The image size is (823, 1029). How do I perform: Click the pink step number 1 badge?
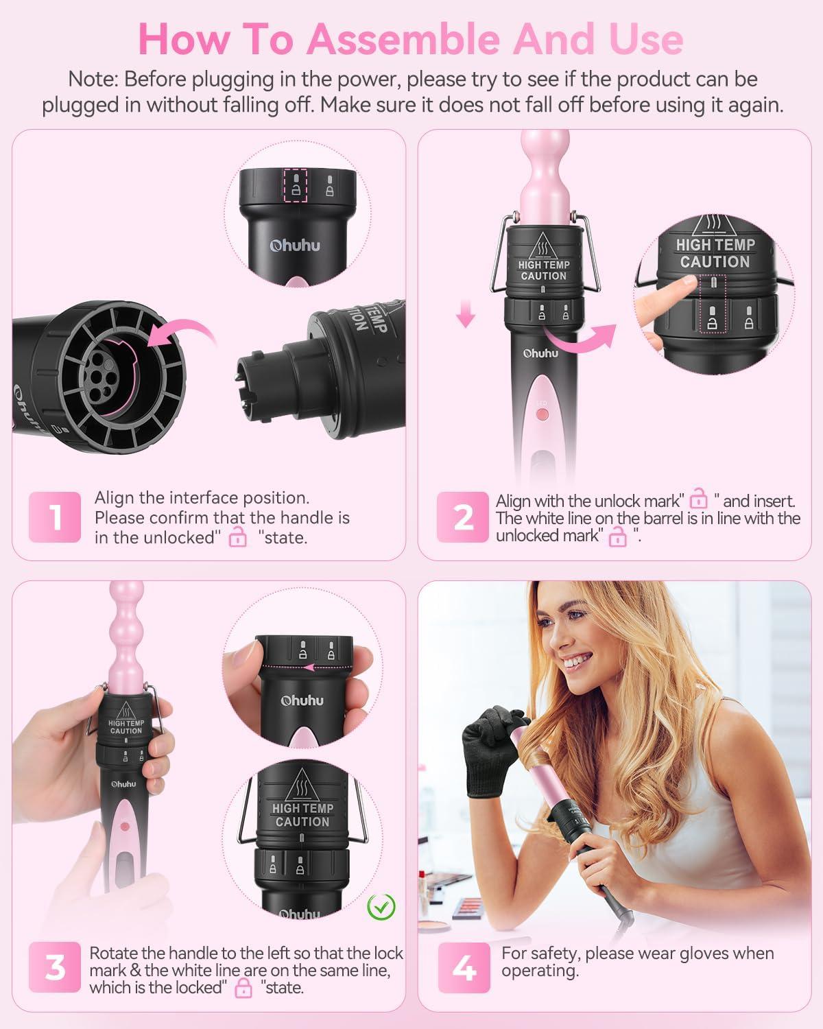[x=54, y=517]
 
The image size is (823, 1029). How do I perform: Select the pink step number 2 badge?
[x=462, y=517]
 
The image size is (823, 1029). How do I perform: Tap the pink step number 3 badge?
[x=54, y=967]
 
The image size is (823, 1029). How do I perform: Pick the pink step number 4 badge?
[x=464, y=967]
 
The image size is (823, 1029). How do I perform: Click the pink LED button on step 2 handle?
[x=542, y=414]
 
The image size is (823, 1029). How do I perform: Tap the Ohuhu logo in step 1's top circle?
[x=295, y=246]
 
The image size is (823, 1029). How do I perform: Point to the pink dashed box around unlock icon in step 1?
[x=296, y=185]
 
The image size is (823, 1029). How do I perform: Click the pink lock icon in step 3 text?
[x=243, y=987]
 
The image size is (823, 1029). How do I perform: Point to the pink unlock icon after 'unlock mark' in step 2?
[x=698, y=498]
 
